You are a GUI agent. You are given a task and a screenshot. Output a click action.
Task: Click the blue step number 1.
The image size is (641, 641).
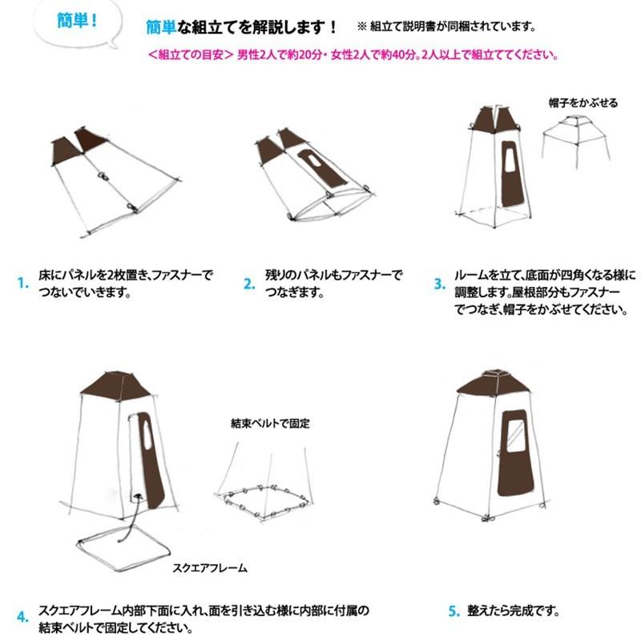click(22, 282)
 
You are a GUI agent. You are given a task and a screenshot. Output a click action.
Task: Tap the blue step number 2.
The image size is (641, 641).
click(249, 282)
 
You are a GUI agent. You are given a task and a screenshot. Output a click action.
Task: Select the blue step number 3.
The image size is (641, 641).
click(439, 283)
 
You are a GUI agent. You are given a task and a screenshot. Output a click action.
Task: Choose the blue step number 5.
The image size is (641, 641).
click(454, 611)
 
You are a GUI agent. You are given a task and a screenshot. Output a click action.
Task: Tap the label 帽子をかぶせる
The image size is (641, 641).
click(583, 103)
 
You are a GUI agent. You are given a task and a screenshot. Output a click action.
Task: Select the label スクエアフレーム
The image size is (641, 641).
click(210, 568)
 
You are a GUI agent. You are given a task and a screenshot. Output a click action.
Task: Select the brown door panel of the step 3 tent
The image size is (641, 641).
click(510, 183)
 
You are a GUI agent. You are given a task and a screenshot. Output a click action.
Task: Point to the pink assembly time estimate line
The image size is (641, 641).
click(353, 55)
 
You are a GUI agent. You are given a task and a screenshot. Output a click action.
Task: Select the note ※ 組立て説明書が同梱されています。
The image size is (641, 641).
click(445, 26)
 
